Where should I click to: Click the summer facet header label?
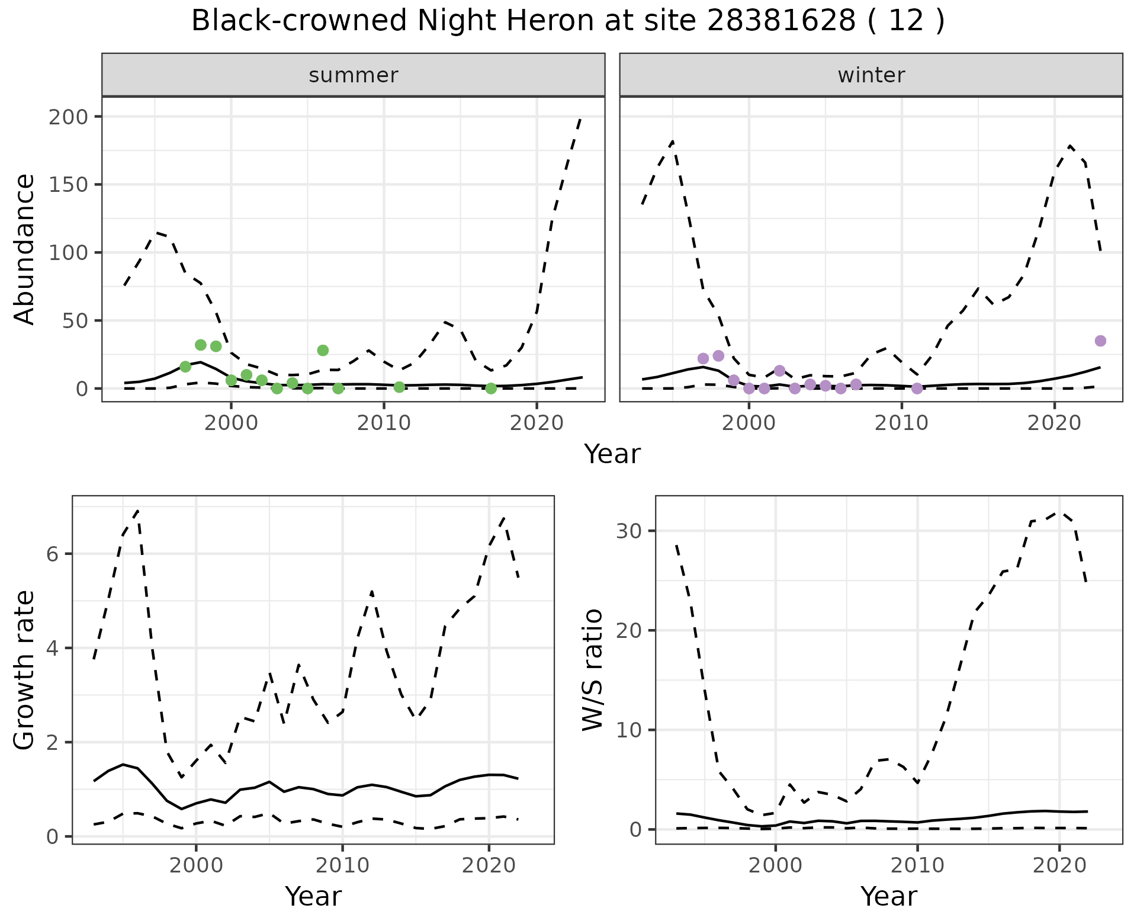(x=354, y=75)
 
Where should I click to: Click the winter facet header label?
(x=871, y=75)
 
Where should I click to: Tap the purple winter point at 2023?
(x=1100, y=341)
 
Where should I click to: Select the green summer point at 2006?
(x=323, y=350)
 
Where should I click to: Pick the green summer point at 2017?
(x=491, y=388)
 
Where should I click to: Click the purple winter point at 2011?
(x=917, y=389)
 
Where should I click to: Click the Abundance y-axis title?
(x=25, y=249)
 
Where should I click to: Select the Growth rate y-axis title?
(x=25, y=670)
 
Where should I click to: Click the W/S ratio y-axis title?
(x=592, y=670)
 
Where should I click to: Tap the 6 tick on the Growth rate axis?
(x=52, y=554)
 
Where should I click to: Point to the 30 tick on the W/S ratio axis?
(x=629, y=531)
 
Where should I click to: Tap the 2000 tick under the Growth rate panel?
(x=196, y=865)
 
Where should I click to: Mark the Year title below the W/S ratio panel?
(x=889, y=896)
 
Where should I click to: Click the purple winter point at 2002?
(x=779, y=371)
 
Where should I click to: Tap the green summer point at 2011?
(x=399, y=387)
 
